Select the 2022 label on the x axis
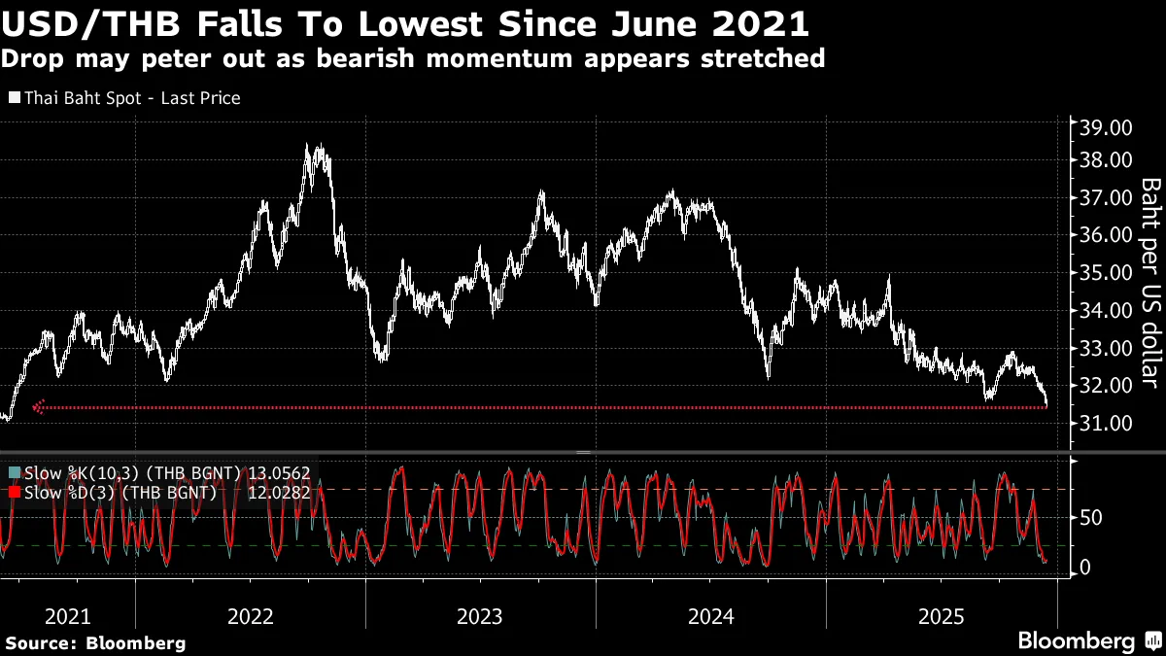click(x=251, y=615)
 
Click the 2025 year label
click(x=942, y=615)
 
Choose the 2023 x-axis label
click(x=480, y=615)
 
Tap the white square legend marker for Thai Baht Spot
click(x=15, y=98)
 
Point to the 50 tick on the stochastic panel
click(x=1090, y=517)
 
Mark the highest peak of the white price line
click(x=308, y=146)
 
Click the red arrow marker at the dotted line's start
click(x=39, y=406)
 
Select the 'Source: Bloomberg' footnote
click(x=95, y=642)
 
